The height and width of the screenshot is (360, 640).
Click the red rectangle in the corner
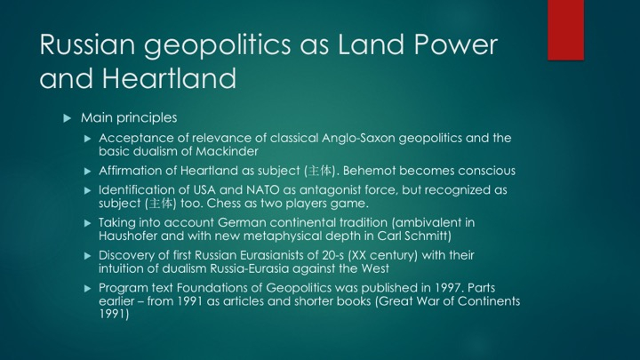[x=565, y=30]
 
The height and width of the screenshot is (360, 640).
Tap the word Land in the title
[x=372, y=44]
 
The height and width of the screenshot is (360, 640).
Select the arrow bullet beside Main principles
[x=68, y=118]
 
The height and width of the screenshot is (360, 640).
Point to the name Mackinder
[x=227, y=151]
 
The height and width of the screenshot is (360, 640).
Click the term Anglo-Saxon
[x=358, y=139]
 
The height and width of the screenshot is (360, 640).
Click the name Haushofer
[x=128, y=236]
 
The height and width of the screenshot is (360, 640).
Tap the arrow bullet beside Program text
[x=87, y=289]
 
